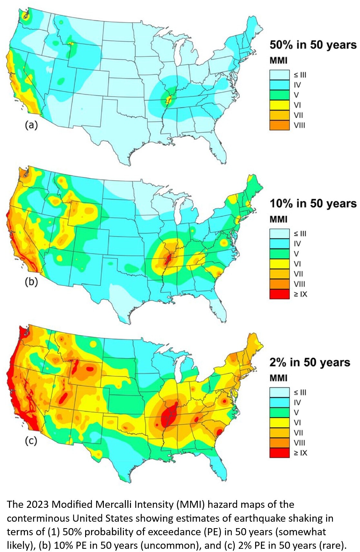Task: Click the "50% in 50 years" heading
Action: tap(313, 45)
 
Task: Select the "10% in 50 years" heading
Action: tap(313, 203)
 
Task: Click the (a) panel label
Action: tap(31, 125)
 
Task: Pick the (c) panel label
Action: tap(31, 440)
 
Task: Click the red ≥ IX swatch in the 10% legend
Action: tap(279, 294)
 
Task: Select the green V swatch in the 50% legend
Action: tap(279, 95)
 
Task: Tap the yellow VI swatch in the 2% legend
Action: tap(279, 422)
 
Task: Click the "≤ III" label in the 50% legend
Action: tap(300, 75)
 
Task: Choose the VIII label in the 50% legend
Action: tap(299, 125)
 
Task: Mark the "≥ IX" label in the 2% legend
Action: tap(300, 453)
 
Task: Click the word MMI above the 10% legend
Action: tap(278, 219)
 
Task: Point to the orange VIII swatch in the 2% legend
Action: tap(279, 442)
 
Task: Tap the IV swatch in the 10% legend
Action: tap(279, 243)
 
